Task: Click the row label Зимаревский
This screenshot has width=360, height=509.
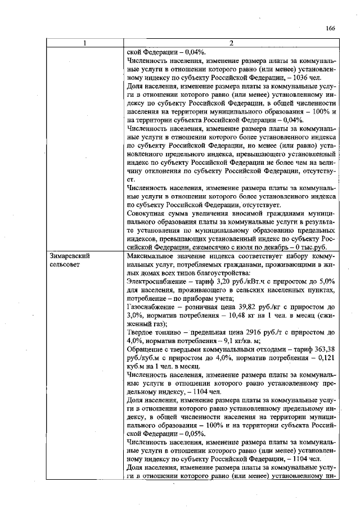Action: click(x=70, y=255)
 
